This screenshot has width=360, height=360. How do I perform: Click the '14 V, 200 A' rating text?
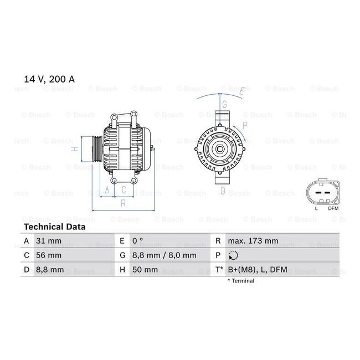coord(49,79)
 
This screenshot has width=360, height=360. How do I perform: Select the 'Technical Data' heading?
coord(54,227)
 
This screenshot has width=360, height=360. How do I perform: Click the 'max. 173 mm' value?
coord(253,241)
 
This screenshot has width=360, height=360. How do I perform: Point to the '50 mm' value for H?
coord(145,270)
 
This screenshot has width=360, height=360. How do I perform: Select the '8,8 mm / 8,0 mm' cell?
coord(164,255)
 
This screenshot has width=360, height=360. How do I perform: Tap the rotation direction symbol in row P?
coord(233,255)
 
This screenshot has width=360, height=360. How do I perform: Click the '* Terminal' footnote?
coord(240,281)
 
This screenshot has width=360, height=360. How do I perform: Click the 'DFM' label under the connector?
coord(333,208)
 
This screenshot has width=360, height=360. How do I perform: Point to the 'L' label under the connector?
coord(316,208)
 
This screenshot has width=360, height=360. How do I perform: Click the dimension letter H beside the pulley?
coord(72,148)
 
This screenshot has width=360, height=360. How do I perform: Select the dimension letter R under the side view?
coord(123,203)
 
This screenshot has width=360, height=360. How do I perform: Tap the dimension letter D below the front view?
coord(223,191)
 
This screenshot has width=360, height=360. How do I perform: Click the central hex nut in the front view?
coord(220,148)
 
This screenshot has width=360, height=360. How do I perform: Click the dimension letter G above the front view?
coord(224,104)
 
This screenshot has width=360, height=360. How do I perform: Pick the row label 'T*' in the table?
coord(219,270)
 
